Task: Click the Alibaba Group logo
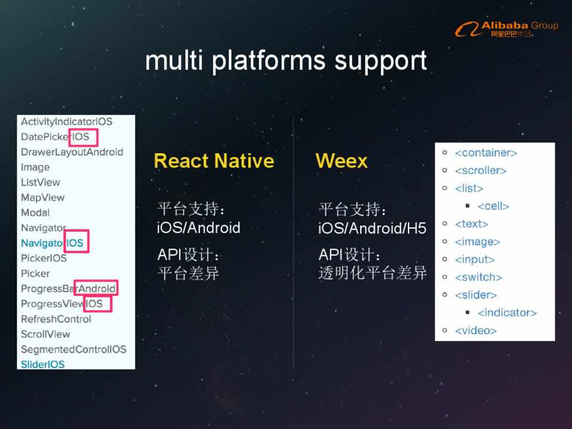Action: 506,29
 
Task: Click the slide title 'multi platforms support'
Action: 286,61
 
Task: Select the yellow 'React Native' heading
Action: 214,161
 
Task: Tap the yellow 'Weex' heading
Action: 341,161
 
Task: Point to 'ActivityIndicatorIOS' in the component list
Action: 66,122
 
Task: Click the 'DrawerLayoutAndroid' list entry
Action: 72,152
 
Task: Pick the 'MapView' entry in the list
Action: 42,197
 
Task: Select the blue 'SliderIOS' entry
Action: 42,364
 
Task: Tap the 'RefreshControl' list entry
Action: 56,319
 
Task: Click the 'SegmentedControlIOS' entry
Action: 73,349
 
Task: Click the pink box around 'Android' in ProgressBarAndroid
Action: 96,288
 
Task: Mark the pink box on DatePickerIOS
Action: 79,137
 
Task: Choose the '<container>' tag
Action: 486,153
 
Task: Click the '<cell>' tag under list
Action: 493,206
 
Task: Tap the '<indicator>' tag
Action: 507,313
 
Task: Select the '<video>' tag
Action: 475,331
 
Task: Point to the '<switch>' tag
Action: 478,277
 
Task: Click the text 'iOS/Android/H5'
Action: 372,228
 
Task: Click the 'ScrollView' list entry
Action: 45,334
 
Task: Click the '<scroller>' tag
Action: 480,171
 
